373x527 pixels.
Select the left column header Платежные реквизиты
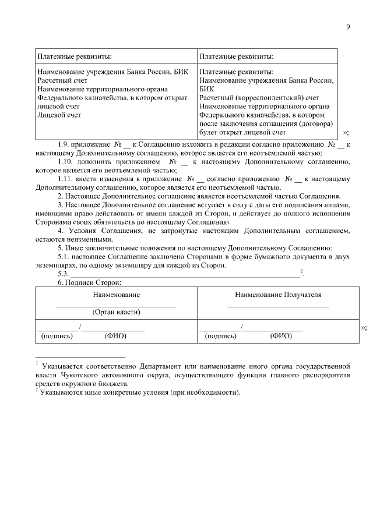[75, 56]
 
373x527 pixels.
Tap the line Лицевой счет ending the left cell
[59, 115]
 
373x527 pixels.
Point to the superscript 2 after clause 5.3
[301, 271]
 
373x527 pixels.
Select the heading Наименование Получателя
[278, 296]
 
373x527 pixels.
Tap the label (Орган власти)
[116, 312]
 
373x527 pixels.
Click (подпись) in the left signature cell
[57, 336]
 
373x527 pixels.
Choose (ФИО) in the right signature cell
[281, 336]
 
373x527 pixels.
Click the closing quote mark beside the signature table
[364, 327]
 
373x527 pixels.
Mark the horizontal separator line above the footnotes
[80, 356]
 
